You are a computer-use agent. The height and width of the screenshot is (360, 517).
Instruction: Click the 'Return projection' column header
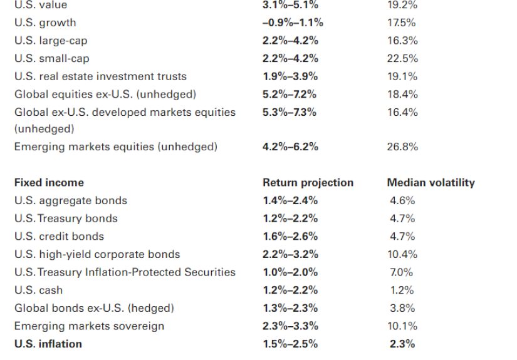tap(308, 183)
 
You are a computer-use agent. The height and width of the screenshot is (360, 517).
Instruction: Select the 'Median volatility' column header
tap(431, 183)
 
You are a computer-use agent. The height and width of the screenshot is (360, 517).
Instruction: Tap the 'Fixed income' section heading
tap(49, 183)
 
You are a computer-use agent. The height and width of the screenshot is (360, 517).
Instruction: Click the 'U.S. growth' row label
tap(45, 23)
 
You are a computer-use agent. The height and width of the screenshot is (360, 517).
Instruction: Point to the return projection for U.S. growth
tap(293, 23)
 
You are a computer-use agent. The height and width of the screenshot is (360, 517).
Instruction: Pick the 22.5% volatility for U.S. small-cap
tap(403, 58)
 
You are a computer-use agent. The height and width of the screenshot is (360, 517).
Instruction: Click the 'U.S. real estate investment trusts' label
tap(100, 76)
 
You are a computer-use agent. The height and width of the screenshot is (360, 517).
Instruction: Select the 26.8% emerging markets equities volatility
tap(403, 147)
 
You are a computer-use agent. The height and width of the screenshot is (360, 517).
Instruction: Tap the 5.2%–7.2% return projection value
tap(290, 95)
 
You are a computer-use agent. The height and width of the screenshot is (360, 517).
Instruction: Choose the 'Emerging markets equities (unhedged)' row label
tap(116, 147)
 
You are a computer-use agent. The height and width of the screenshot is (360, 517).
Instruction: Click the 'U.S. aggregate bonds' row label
tap(71, 201)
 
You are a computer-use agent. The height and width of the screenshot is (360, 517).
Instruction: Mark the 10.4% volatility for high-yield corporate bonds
tap(402, 254)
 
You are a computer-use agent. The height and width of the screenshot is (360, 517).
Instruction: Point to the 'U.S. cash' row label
tap(39, 291)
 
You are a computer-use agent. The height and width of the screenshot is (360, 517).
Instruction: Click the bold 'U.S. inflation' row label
tap(48, 344)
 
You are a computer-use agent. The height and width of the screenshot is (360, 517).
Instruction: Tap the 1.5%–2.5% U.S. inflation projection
tap(290, 344)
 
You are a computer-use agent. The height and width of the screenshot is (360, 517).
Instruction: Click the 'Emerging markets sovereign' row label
tap(89, 326)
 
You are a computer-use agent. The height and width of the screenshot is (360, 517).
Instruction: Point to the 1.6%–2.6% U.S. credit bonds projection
tap(290, 237)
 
